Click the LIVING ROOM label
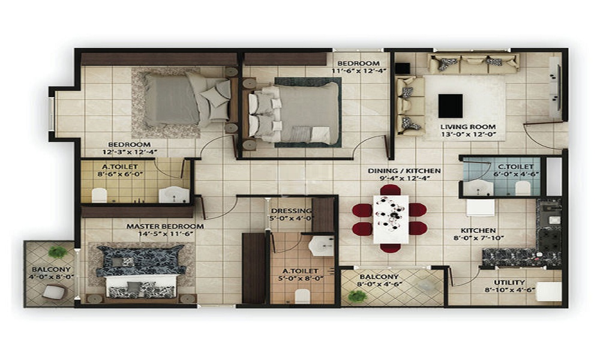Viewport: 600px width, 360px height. pos(467,127)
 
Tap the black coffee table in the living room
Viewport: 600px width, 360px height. pos(451,106)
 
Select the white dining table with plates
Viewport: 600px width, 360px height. pos(391,219)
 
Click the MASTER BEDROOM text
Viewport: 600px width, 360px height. pos(165,226)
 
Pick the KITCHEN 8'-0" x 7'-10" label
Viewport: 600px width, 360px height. pos(478,234)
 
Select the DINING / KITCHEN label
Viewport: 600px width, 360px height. pos(404,170)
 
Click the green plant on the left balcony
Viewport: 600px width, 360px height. pos(58,252)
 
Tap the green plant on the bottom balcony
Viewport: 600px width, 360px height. pos(358,296)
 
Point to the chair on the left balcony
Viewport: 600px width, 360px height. pos(54,292)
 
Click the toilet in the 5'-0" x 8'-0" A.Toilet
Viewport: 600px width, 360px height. pos(302,296)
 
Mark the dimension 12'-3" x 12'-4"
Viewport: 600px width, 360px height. pos(130,152)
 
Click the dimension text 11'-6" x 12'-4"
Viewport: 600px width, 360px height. pos(359,70)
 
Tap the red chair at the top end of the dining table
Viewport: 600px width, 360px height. pos(391,190)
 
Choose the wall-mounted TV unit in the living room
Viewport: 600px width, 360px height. pos(555,87)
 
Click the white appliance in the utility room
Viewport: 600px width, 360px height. pos(549,292)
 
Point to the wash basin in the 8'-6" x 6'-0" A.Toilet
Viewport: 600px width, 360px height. pos(174,194)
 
